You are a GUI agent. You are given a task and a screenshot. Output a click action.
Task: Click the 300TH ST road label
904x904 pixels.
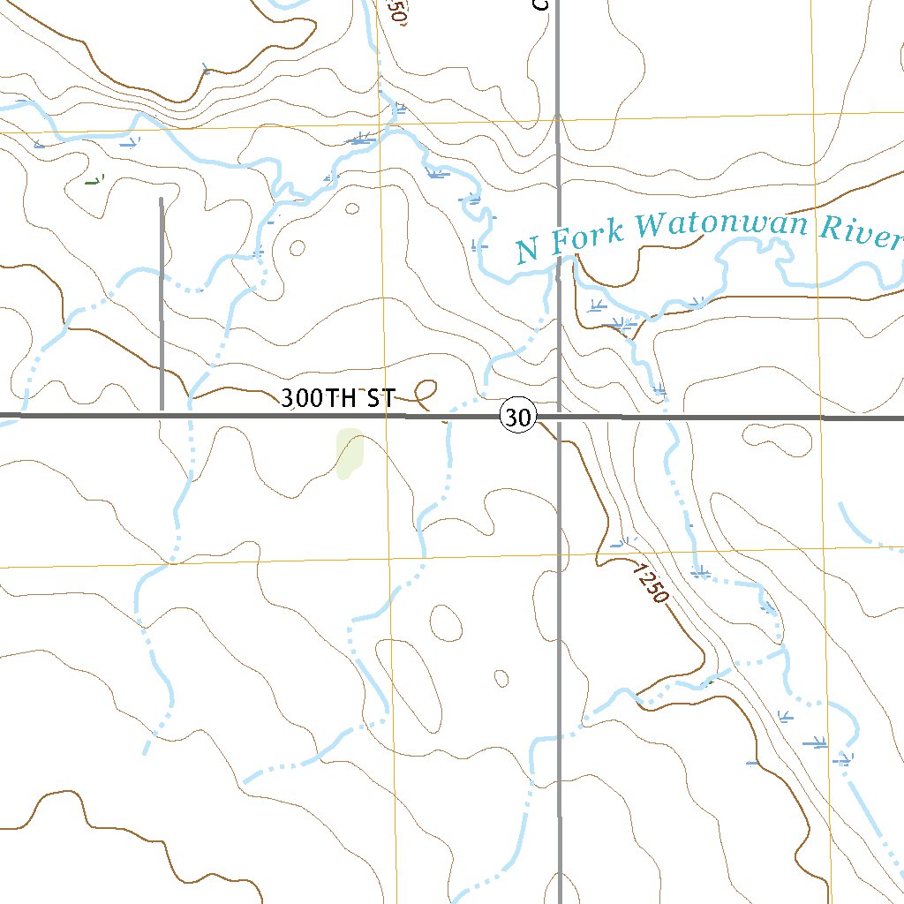[337, 398]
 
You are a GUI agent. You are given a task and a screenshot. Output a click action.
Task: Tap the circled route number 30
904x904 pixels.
[519, 416]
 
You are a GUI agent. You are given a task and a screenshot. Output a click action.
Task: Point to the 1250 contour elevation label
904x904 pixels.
[651, 584]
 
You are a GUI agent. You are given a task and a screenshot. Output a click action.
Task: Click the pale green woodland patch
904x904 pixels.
[350, 453]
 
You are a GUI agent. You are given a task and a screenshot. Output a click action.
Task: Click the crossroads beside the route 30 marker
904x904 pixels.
[559, 416]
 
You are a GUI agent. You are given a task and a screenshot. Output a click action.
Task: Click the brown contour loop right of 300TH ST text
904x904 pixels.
[426, 389]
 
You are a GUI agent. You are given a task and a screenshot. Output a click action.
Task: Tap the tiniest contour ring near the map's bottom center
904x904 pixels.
[501, 678]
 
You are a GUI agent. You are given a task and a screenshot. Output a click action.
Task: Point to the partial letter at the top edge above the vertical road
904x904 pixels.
[541, 4]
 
